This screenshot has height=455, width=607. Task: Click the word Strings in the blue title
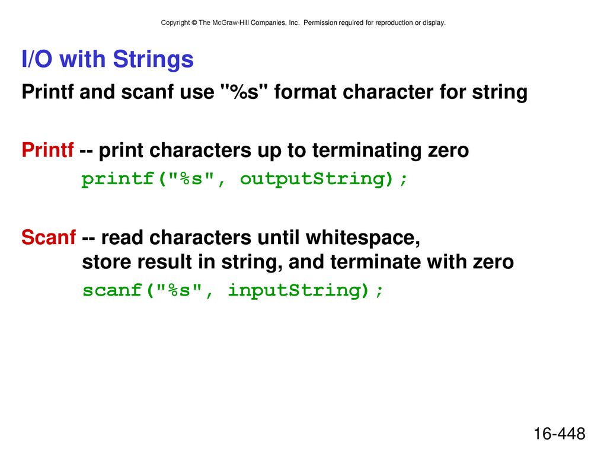click(x=153, y=60)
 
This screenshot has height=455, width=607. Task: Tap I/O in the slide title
click(x=37, y=59)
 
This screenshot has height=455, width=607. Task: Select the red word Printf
click(x=47, y=150)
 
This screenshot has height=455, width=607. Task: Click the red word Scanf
click(x=49, y=237)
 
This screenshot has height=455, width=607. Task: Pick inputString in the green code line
click(x=298, y=290)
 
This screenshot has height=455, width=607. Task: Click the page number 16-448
click(x=560, y=433)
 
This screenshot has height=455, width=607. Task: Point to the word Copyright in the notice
click(x=175, y=23)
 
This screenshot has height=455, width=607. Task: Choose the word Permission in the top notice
click(x=320, y=23)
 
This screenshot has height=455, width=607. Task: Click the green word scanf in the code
click(x=112, y=290)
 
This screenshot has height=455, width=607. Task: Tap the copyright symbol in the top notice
click(x=194, y=23)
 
